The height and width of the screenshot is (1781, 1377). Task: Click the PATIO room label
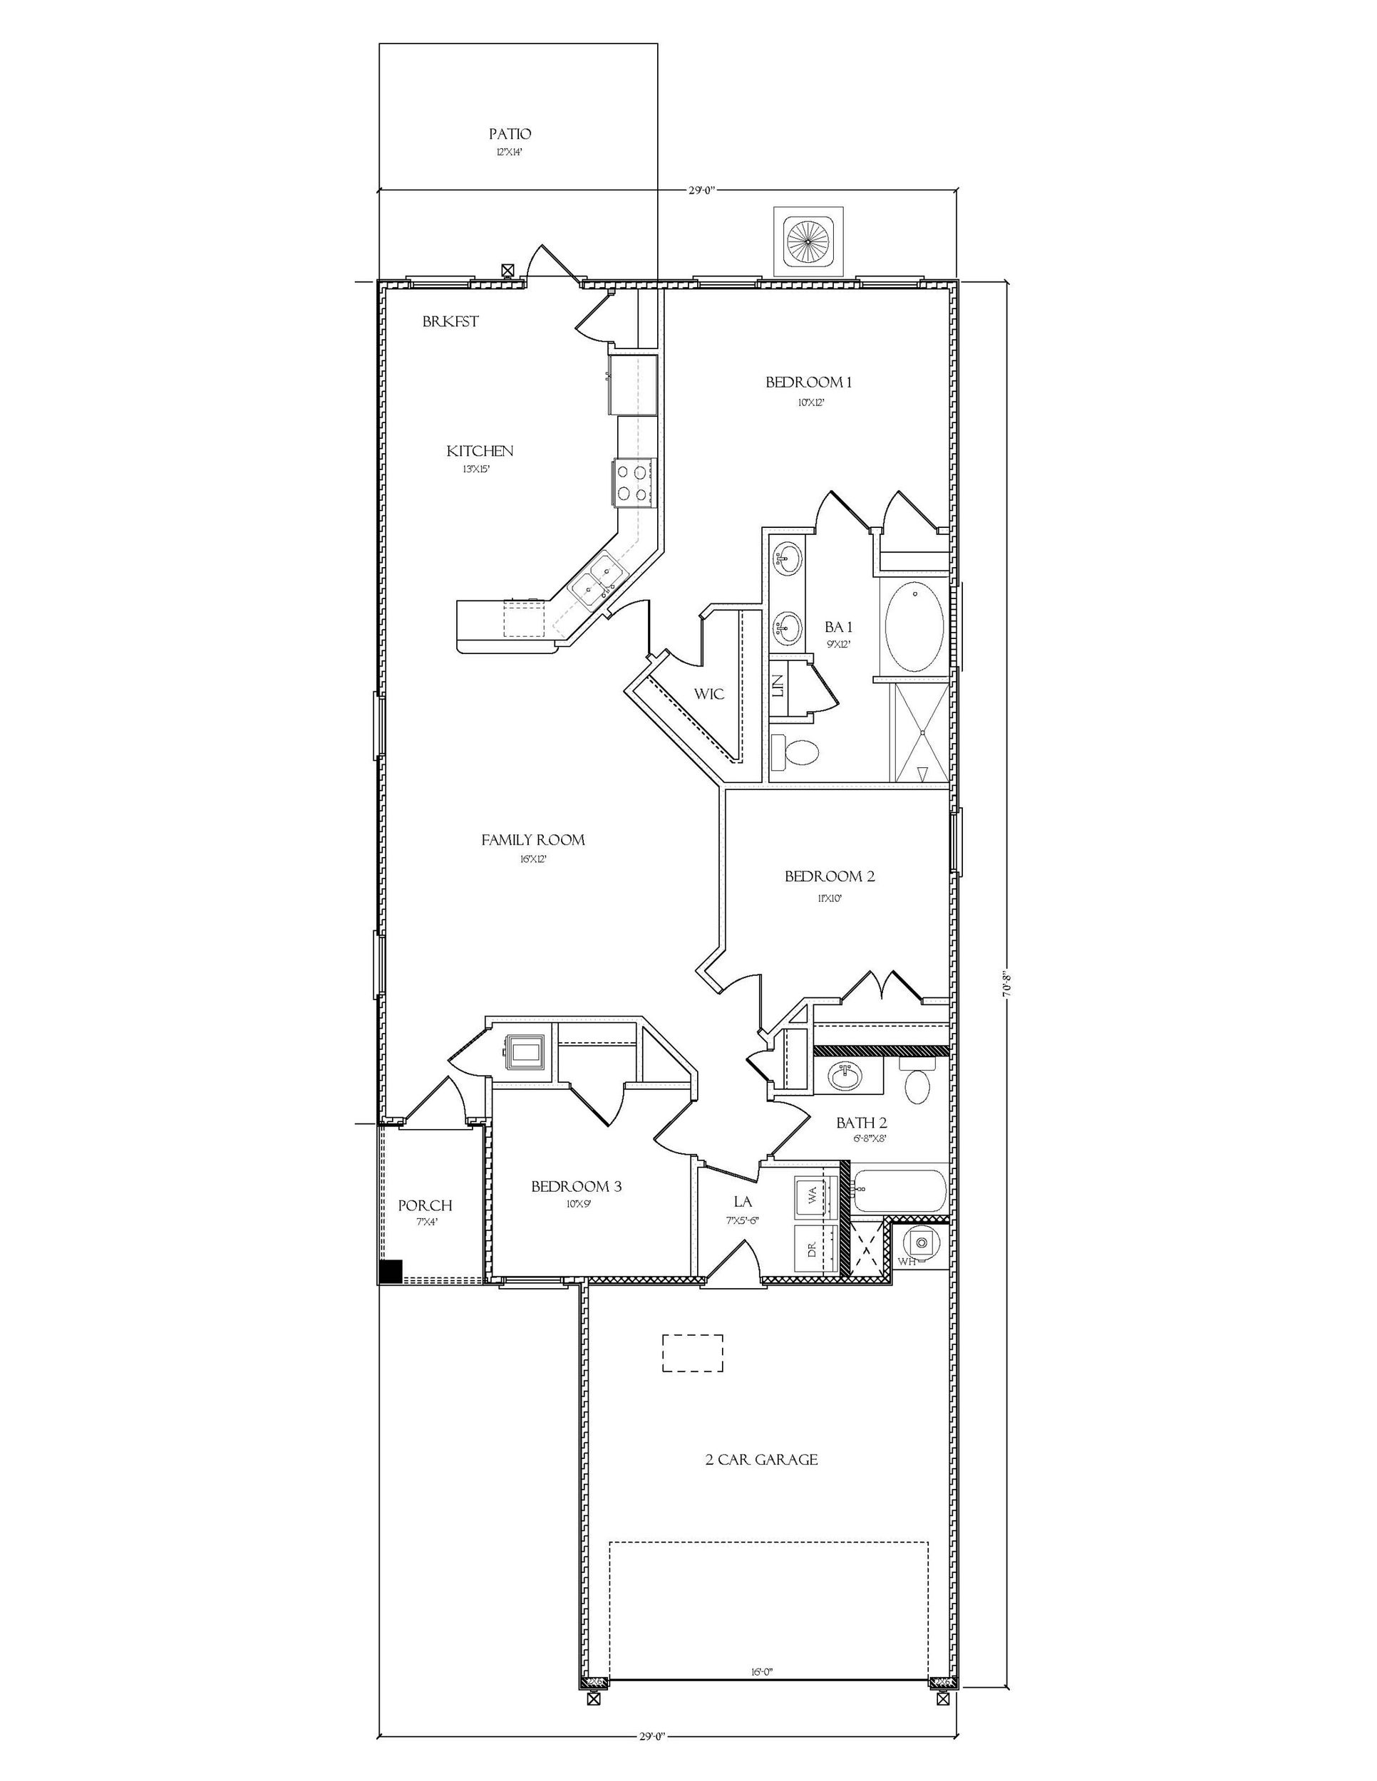[510, 134]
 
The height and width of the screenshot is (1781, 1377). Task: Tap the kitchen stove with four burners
[632, 482]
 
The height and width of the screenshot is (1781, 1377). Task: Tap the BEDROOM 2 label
[829, 877]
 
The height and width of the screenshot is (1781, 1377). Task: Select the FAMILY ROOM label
[532, 839]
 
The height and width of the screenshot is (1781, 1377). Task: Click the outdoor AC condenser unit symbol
[809, 242]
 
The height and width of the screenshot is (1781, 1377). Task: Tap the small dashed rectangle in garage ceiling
[693, 1354]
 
